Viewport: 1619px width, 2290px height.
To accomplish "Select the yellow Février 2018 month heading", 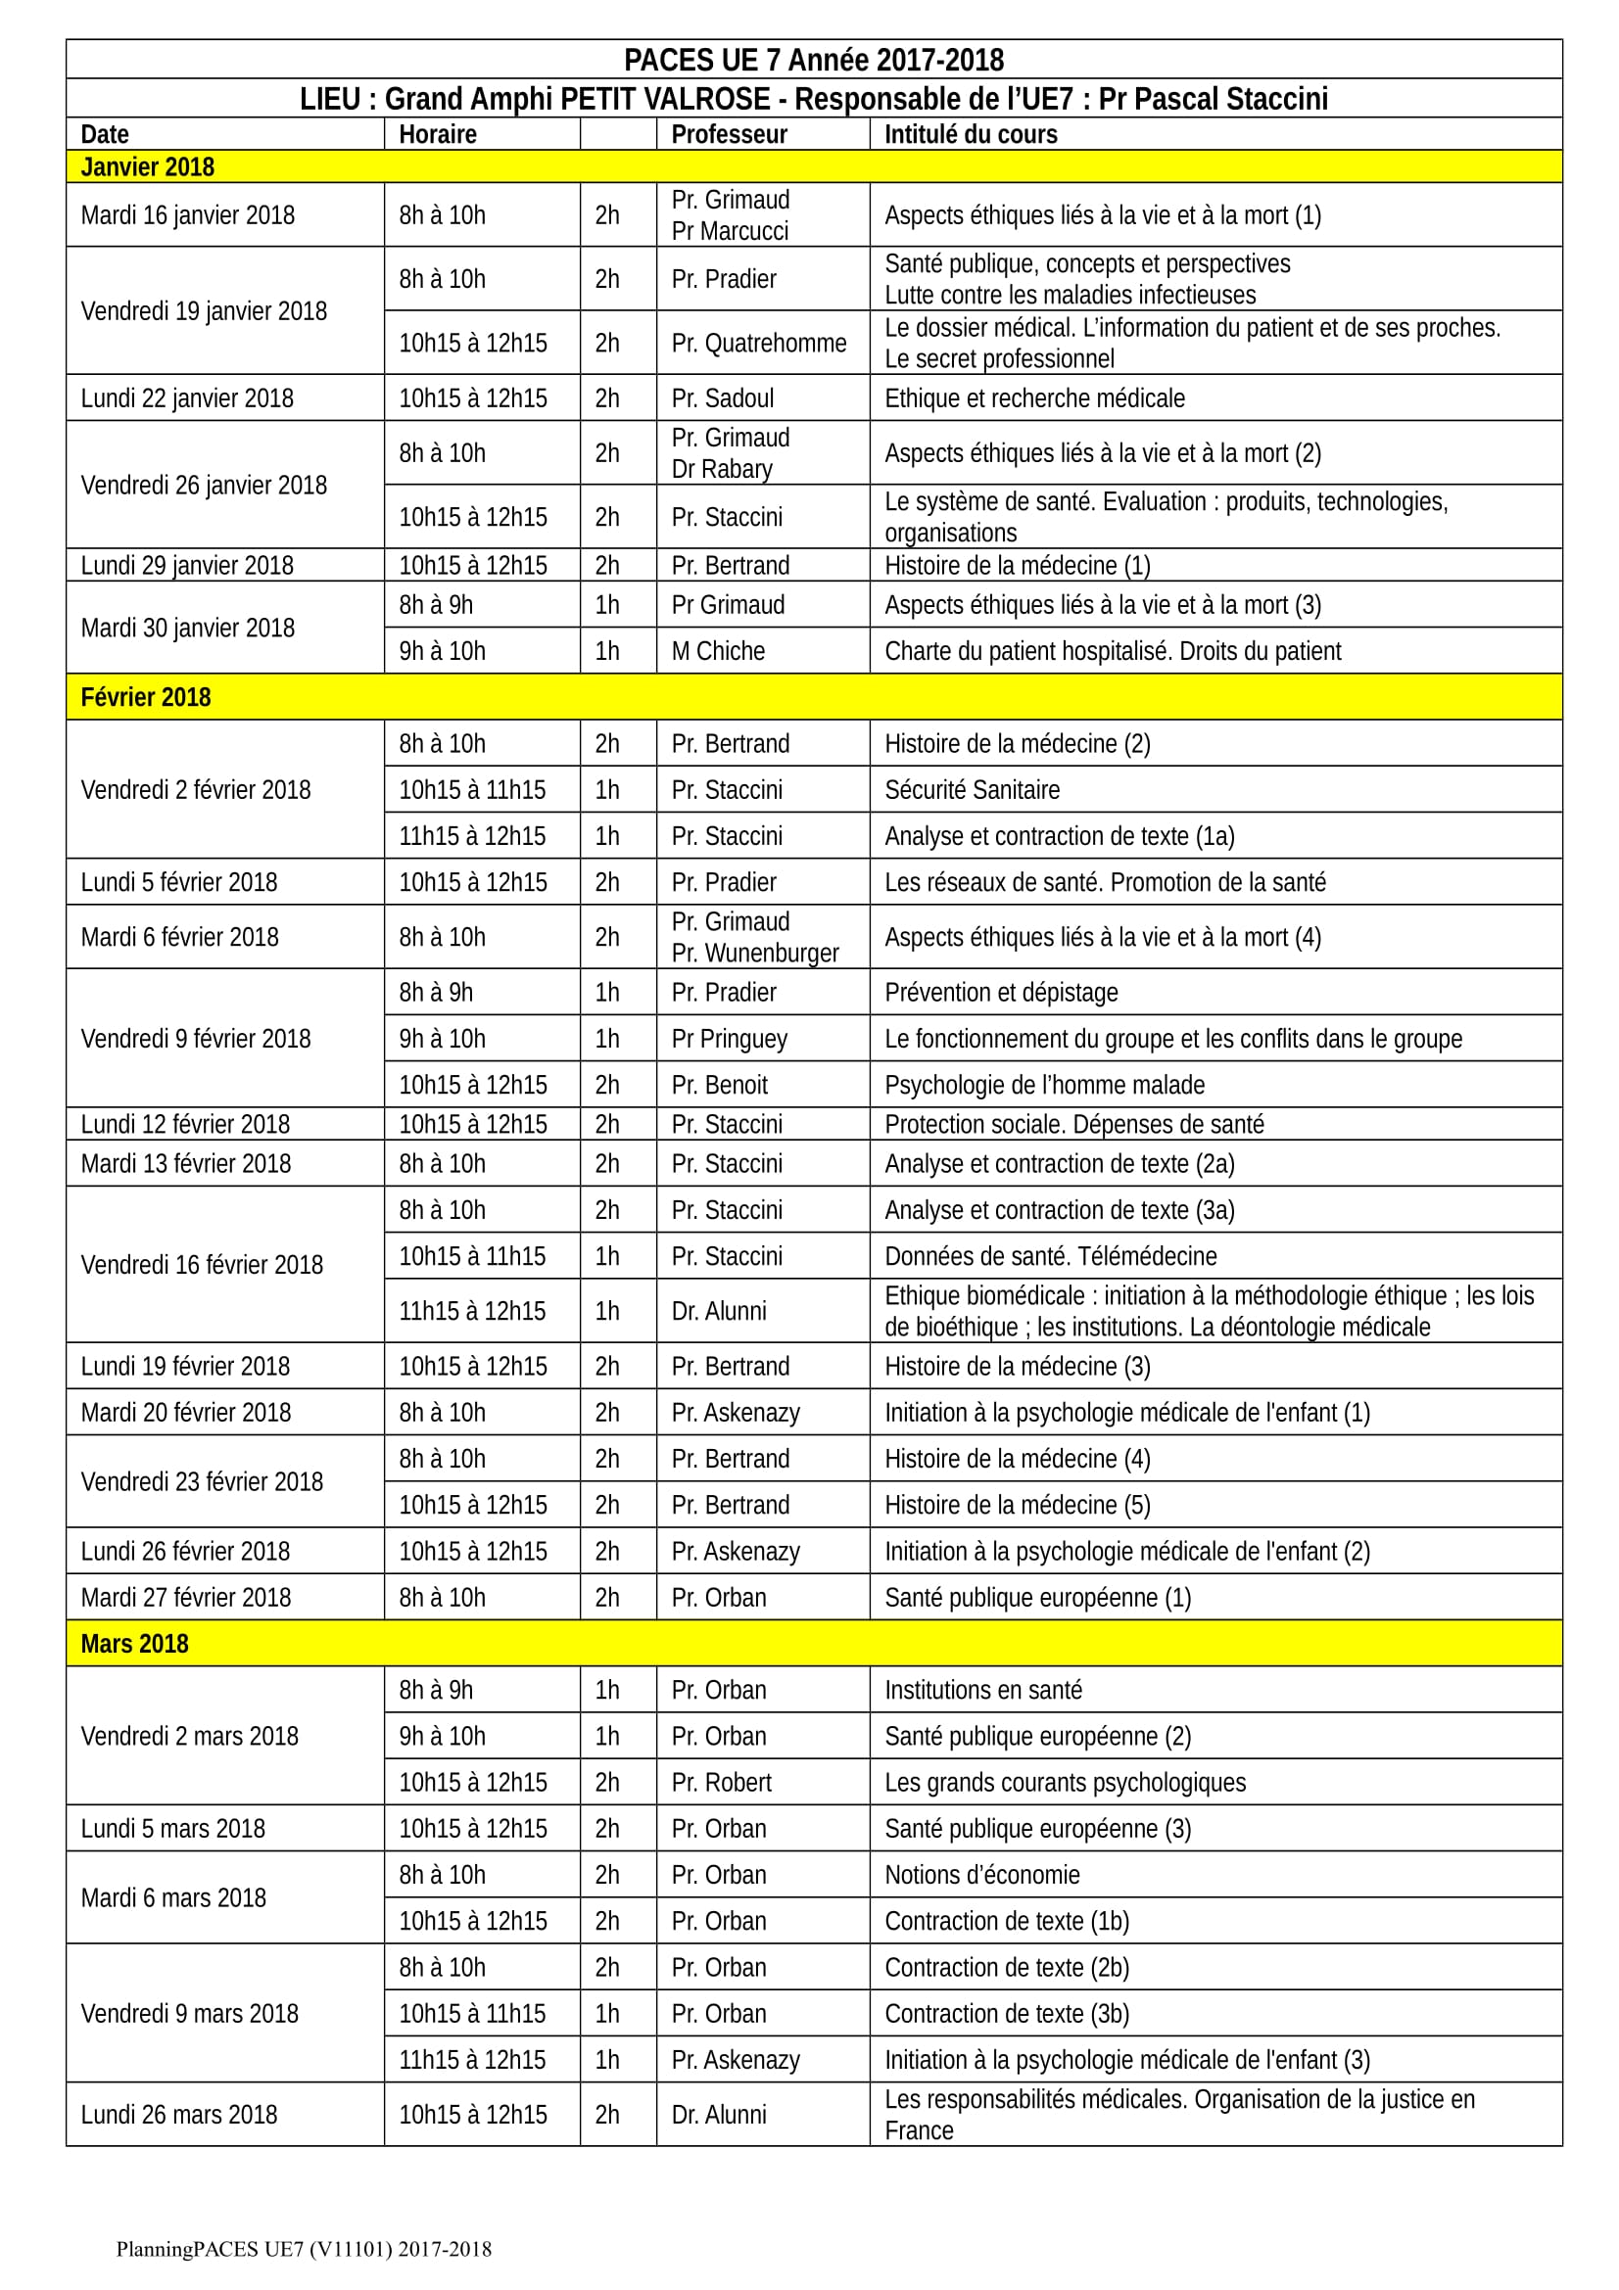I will point(146,697).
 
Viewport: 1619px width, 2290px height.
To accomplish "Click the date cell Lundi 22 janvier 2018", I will point(187,398).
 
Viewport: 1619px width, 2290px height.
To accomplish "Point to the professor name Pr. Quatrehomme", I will point(758,343).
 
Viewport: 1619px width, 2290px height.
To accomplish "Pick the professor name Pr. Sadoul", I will point(722,398).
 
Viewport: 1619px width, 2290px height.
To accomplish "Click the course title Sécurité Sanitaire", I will point(972,790).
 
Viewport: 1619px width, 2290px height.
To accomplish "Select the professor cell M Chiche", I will point(718,651).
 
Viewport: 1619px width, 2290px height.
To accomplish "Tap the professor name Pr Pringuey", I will point(730,1040).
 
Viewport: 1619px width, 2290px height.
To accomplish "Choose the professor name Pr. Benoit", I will point(719,1085).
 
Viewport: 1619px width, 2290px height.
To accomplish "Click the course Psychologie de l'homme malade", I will point(1044,1085).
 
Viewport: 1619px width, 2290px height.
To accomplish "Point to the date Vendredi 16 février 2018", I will point(202,1265).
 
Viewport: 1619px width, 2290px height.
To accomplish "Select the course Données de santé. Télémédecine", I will point(1050,1257).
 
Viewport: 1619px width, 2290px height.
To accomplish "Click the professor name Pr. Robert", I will point(721,1782).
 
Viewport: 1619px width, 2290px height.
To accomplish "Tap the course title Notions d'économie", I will point(981,1875).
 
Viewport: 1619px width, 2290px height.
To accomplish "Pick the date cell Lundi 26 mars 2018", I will point(179,2115).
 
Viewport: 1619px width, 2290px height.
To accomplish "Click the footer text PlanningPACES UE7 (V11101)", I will point(304,2248).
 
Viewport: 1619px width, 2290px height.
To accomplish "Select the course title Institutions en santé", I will point(982,1691).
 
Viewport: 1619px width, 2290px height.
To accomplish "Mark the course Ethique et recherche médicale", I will point(1034,398).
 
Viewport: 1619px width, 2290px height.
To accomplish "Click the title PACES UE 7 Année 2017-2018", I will point(813,60).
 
